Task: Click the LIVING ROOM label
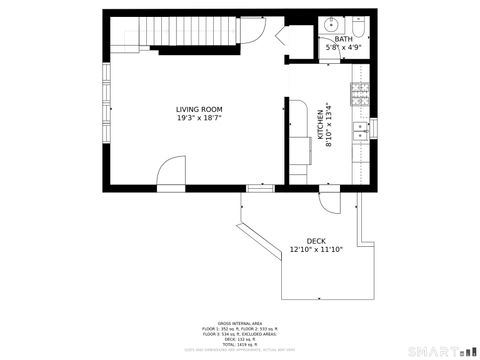click(199, 109)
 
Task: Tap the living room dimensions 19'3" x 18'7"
click(199, 118)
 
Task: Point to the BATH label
click(344, 39)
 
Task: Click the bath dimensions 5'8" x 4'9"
click(344, 47)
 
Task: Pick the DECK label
click(316, 241)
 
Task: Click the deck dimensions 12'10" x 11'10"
click(316, 250)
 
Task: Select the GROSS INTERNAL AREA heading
click(240, 323)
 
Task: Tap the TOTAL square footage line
click(240, 342)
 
